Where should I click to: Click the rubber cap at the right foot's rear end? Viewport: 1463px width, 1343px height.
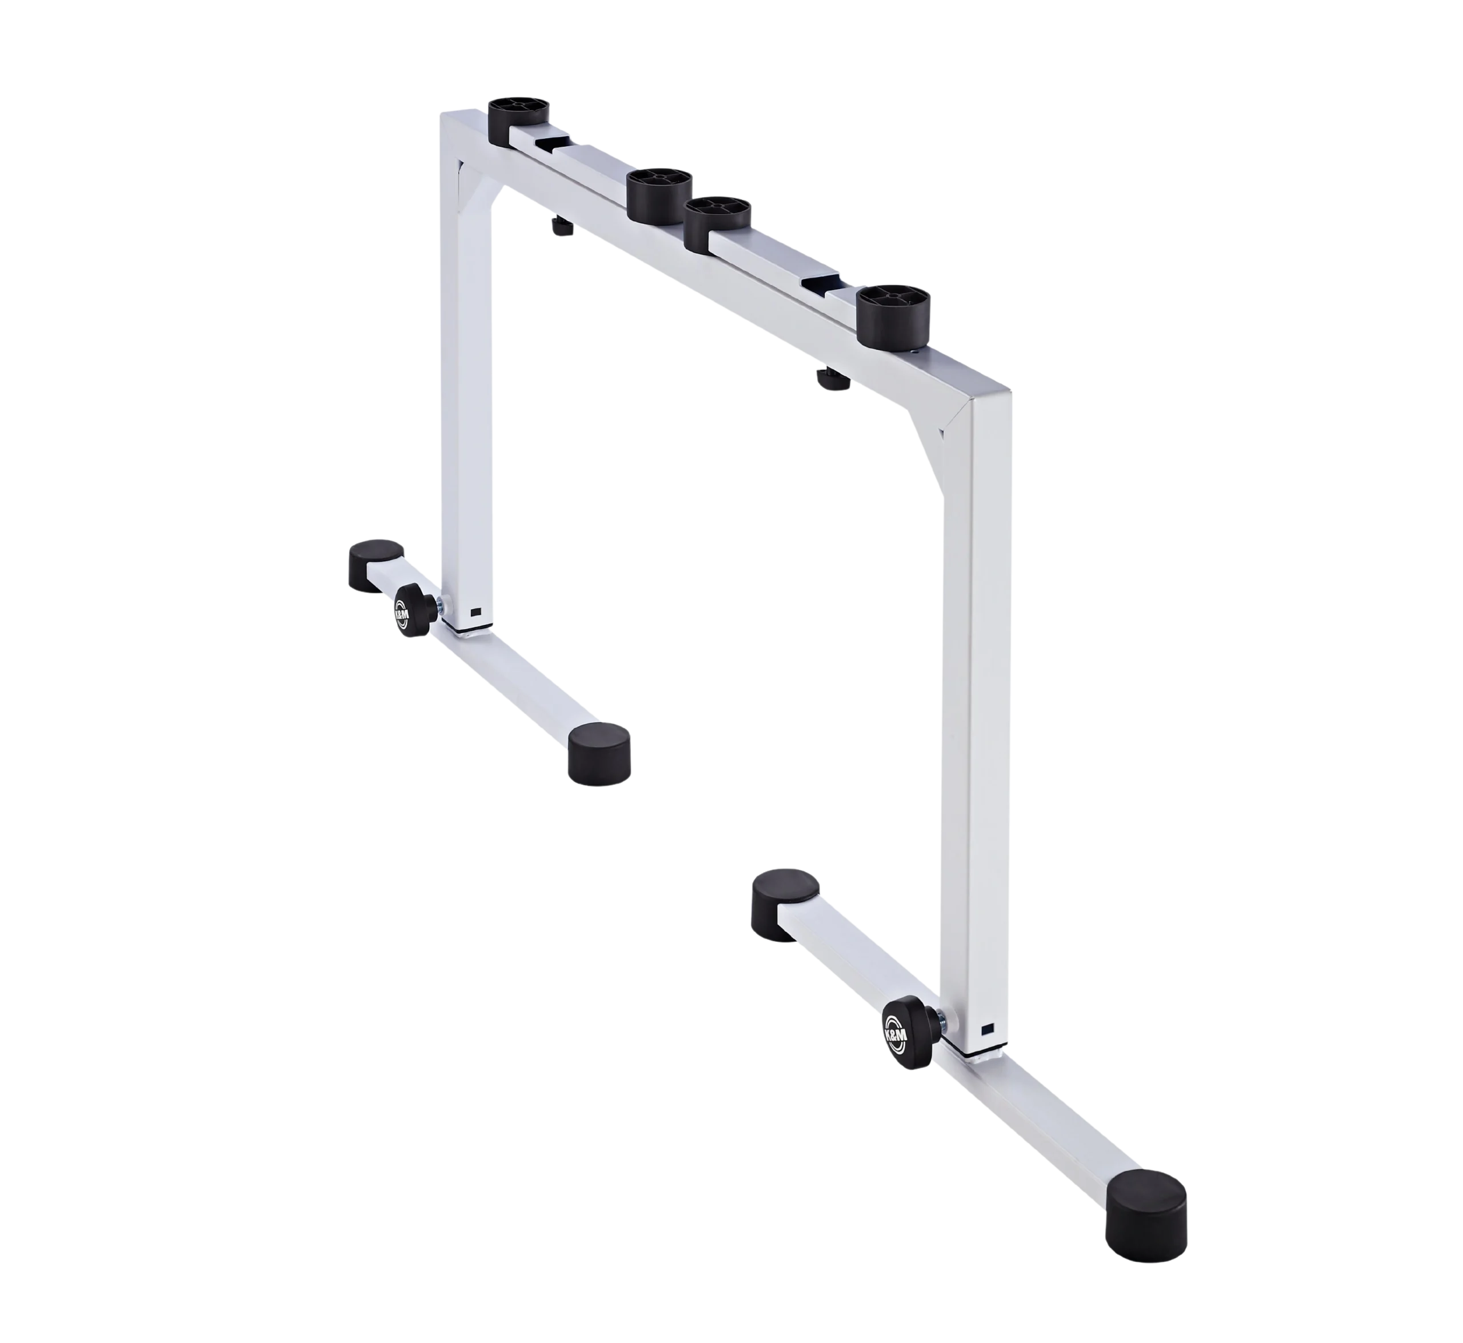(x=784, y=904)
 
